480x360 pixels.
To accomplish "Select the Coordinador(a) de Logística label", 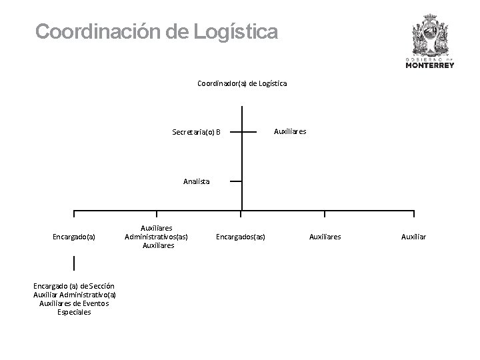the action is coord(242,83).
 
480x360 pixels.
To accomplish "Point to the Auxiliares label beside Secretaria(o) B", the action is coord(290,131).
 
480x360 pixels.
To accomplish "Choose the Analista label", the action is coord(196,181).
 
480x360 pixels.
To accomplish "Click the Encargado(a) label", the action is coord(74,236).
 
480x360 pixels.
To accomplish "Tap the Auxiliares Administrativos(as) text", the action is coord(156,236).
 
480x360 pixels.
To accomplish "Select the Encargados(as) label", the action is coord(241,236).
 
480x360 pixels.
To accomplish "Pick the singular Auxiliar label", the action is coord(414,236).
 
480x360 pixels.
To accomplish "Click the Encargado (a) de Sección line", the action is coord(74,286).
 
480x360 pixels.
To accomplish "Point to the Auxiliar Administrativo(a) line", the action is coord(74,295).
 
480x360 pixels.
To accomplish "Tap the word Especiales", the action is coord(74,312).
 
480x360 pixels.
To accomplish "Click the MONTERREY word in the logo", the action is coord(430,65).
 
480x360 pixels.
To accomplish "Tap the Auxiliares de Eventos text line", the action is coord(74,303).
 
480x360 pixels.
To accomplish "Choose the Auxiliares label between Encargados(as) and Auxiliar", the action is coord(325,236).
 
